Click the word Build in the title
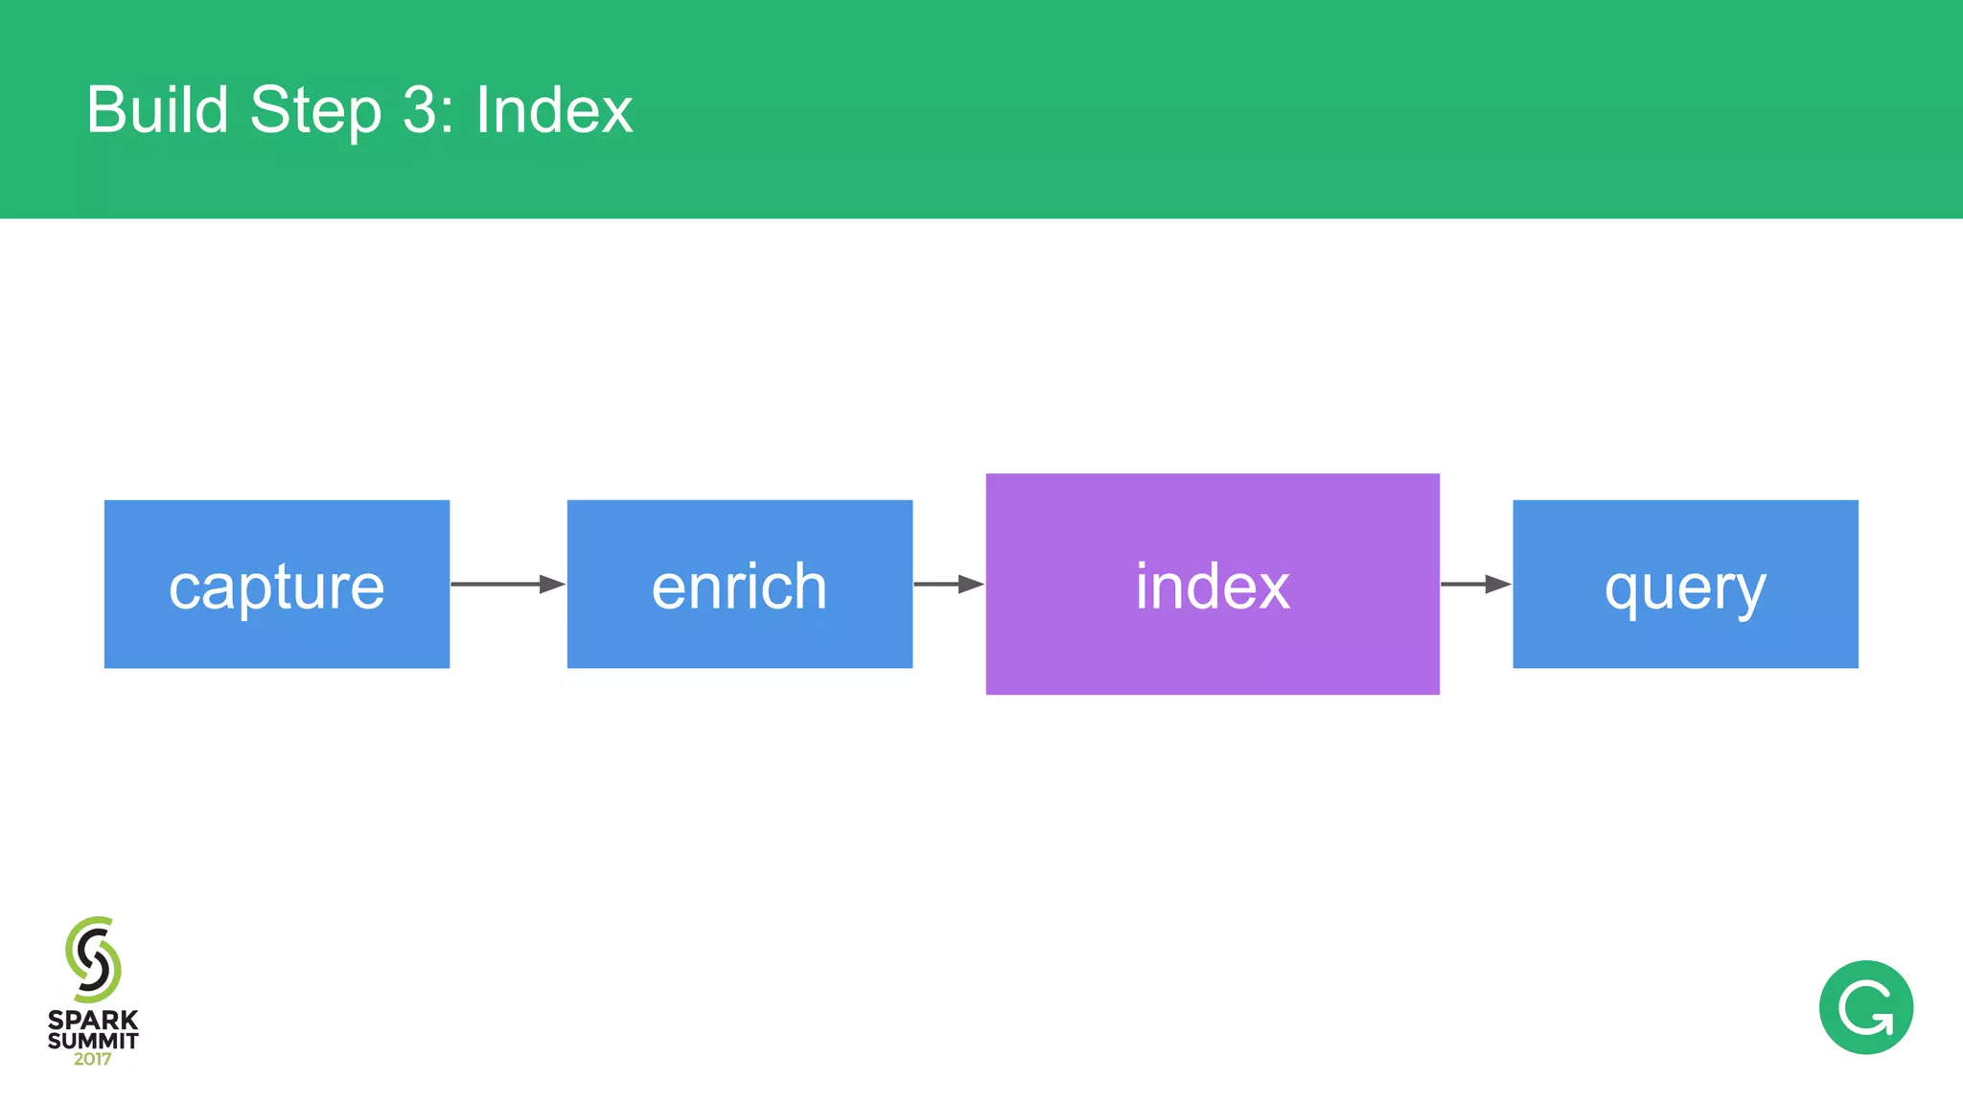(x=157, y=109)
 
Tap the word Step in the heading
(x=315, y=111)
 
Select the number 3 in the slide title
(x=422, y=109)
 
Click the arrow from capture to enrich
(x=507, y=584)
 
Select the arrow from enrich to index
(x=948, y=584)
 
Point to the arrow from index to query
(x=1475, y=584)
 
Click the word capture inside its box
(x=276, y=586)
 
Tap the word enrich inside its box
(x=739, y=586)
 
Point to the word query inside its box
(x=1685, y=588)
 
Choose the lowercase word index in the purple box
(x=1212, y=586)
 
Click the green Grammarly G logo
(x=1865, y=1007)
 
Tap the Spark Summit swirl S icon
(x=93, y=958)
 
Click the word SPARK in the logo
(x=93, y=1020)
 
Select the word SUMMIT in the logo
(x=93, y=1040)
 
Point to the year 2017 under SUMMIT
(x=93, y=1059)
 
